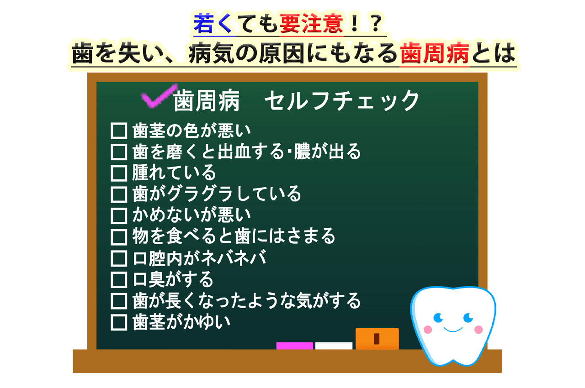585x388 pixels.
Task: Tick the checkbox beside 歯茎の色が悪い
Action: point(119,131)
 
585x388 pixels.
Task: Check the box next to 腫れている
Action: point(119,173)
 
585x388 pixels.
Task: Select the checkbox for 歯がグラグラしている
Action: point(119,194)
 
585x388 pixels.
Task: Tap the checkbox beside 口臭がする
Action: point(119,280)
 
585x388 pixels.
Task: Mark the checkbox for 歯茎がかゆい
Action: point(119,323)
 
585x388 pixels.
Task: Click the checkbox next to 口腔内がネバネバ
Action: point(119,258)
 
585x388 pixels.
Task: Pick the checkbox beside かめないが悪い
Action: point(119,216)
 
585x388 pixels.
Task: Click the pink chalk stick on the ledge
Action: point(295,346)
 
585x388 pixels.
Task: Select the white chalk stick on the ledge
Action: point(334,346)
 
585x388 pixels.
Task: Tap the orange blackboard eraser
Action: point(377,338)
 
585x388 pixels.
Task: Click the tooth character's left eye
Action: point(438,318)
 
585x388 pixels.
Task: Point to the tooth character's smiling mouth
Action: point(453,330)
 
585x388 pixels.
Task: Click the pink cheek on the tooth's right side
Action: point(479,330)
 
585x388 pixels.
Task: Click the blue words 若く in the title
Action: point(213,23)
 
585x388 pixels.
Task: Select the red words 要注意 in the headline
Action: point(311,23)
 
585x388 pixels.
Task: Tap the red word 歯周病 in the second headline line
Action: point(435,53)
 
